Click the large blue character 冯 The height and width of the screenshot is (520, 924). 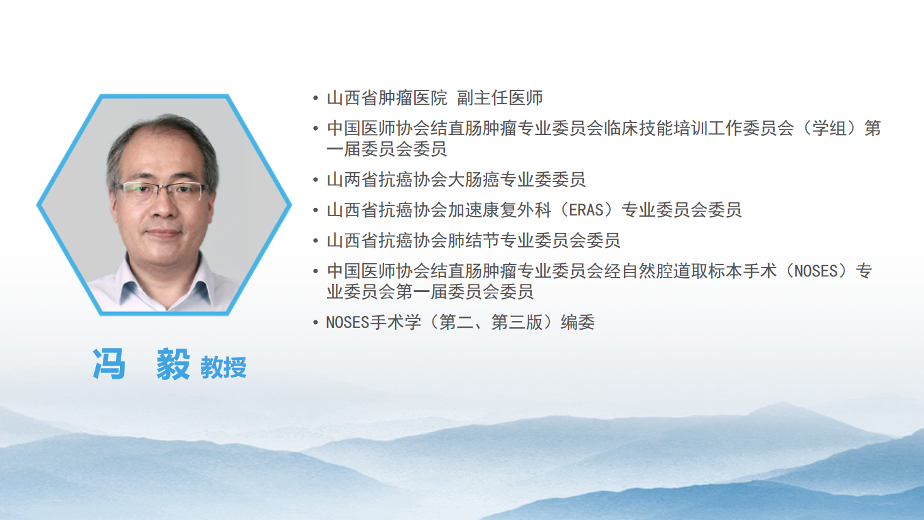coord(109,364)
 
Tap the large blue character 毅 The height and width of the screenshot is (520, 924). coord(173,364)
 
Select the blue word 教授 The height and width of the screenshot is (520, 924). coord(223,367)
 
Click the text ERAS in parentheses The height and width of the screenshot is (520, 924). coord(586,210)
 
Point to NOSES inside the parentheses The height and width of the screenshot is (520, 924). coord(816,271)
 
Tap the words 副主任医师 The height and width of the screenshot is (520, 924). coord(500,98)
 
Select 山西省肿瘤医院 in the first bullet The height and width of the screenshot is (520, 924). coord(387,98)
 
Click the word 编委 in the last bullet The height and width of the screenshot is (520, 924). coord(577,322)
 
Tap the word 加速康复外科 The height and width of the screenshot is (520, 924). coord(500,210)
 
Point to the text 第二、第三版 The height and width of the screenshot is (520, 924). coord(491,322)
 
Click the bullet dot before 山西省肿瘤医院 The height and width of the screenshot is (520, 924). coord(316,98)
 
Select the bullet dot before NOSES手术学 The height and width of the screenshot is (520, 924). coord(316,322)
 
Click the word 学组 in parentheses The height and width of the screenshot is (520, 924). coord(829,128)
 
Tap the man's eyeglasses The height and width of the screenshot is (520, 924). coord(162,191)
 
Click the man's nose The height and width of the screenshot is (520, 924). coord(164,207)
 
